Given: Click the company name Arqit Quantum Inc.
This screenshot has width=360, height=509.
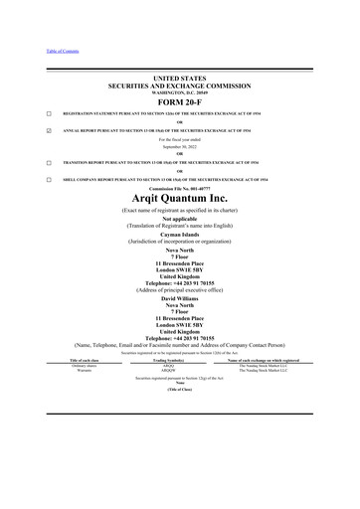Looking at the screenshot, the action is point(180,199).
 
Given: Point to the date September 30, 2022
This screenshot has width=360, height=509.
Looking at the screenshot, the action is point(180,147).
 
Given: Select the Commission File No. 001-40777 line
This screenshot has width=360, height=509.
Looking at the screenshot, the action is point(180,187).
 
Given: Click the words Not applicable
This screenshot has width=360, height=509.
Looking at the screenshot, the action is point(180,221).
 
